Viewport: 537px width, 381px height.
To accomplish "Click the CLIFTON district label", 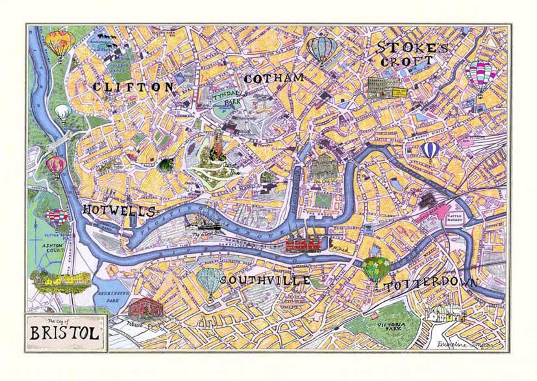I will click(133, 86).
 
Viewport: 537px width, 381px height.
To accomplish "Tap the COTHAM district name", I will click(273, 78).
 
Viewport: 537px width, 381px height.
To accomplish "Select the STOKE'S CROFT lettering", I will click(404, 55).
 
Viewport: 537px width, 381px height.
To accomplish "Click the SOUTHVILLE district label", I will click(264, 280).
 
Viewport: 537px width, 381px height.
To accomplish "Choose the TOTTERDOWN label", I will click(430, 284).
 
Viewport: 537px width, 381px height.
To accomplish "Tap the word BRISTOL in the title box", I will click(63, 334).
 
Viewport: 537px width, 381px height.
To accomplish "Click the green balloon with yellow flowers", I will click(376, 267).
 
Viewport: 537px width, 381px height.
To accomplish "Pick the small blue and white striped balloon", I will click(430, 150).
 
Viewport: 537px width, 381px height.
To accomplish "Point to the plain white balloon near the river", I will click(62, 114).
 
